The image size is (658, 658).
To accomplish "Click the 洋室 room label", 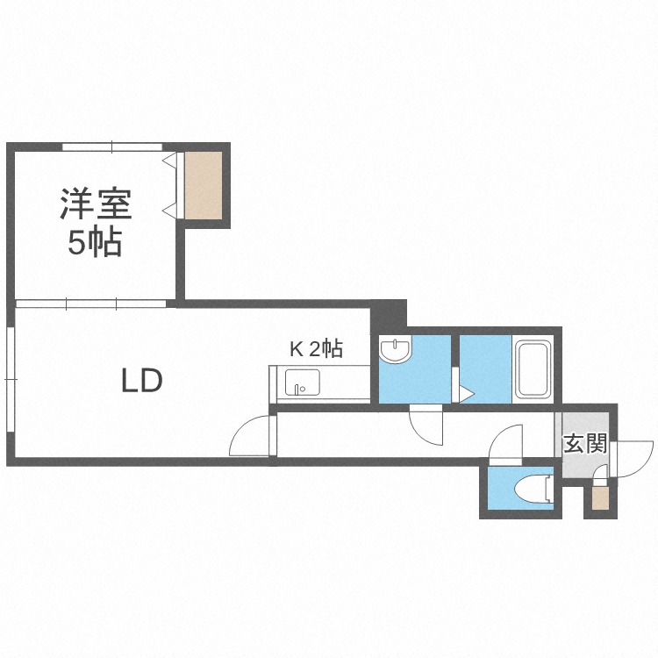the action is coord(97,204).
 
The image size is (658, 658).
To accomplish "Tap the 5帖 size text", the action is coord(96,242).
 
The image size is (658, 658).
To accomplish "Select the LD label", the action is coord(142,381).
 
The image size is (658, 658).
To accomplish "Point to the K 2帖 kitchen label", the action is coord(317,348).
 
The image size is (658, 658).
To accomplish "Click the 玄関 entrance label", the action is coord(585,444).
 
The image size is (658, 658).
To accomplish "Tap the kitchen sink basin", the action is coord(303,383).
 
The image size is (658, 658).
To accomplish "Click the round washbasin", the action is coord(396,350).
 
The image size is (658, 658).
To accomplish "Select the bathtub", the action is coord(533,369).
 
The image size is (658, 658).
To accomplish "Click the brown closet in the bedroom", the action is coord(204,185).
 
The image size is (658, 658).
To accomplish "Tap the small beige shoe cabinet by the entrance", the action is coord(600,498).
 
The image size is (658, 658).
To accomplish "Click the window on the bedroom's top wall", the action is coord(112,147).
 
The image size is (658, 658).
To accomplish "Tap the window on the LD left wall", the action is coord(11,379).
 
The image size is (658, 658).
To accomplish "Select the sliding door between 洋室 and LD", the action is coord(91,304).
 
